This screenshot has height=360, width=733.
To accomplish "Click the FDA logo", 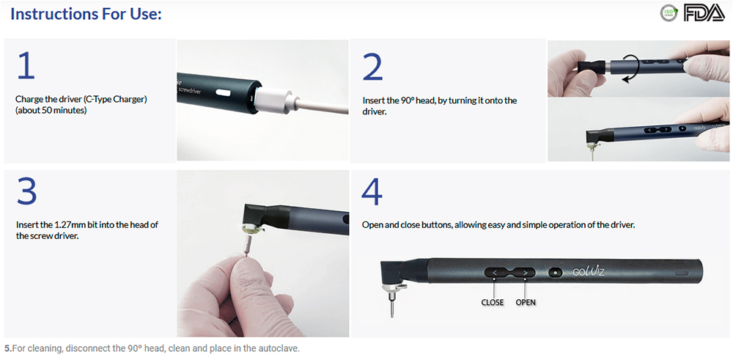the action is coord(704,13).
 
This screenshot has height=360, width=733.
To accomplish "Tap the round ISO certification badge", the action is coord(668,13).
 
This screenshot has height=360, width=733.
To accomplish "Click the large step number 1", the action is coord(26,65).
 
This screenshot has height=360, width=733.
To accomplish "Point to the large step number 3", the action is coord(26,191).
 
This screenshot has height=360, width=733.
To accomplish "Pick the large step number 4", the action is coord(372,191).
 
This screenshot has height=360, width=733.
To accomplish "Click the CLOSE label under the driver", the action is coord(493,303).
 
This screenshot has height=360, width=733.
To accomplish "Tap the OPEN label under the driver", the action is coord(526,303).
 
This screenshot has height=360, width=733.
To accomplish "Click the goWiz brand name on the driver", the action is coord(589,271).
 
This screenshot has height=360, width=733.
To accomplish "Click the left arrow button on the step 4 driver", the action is coord(495,271).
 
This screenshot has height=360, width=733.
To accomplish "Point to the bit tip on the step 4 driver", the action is coord(392,316).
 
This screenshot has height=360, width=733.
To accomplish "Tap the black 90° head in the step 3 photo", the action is coord(259,214).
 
